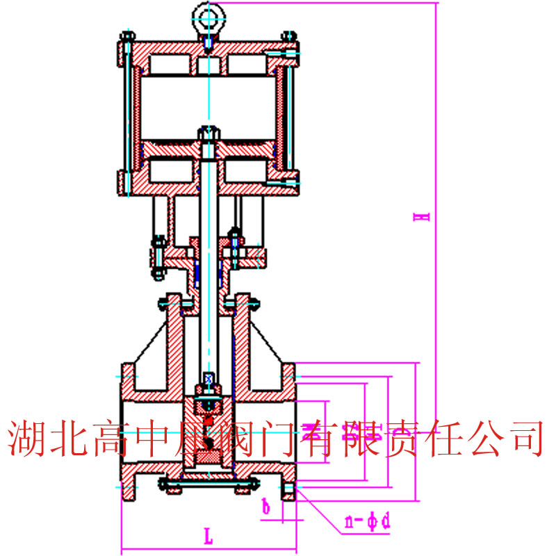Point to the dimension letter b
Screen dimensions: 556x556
266,507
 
